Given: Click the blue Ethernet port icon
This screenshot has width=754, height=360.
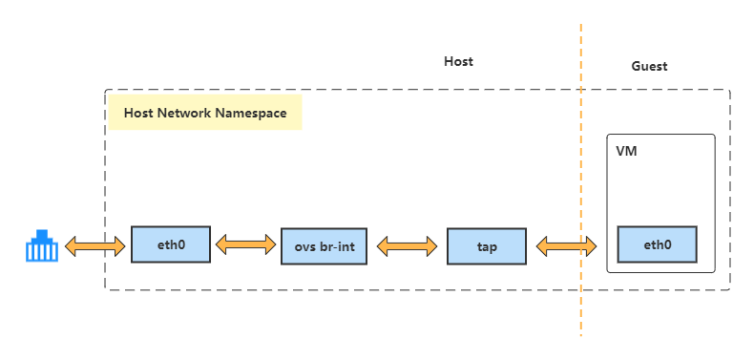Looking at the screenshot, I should [41, 246].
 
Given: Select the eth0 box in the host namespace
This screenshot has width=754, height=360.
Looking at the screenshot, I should [170, 244].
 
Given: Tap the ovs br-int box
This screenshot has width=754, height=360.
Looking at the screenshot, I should [324, 246].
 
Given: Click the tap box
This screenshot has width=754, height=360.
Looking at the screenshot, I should [487, 246].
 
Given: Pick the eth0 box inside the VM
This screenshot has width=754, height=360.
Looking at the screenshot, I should [657, 244].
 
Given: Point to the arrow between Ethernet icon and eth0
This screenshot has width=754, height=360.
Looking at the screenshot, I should [95, 246].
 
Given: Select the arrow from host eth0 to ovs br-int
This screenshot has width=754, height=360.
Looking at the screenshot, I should [245, 245].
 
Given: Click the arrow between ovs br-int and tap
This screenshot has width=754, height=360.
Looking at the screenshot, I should [408, 246].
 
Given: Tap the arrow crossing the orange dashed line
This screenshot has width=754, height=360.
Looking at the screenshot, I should [567, 246].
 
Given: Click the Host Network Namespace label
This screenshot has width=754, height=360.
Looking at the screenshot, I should [205, 113].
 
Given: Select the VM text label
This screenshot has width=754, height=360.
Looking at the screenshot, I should [627, 152].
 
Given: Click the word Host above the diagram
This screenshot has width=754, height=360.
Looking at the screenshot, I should [458, 61].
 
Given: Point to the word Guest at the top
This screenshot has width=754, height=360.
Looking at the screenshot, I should [649, 66].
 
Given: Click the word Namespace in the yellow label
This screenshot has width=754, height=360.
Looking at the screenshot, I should [251, 113].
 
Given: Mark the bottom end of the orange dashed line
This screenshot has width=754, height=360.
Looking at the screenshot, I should [580, 334].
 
